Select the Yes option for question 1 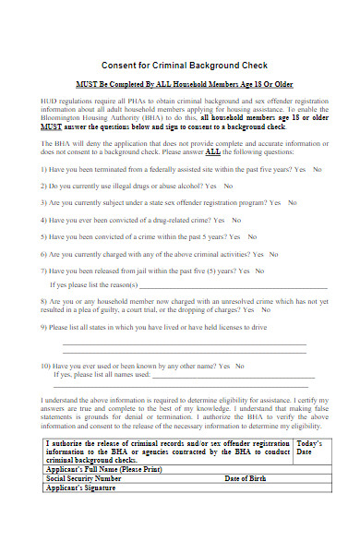[x=294, y=170]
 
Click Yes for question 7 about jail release [x=243, y=271]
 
